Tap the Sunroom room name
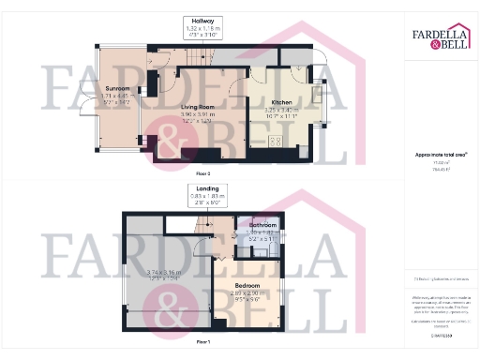pyautogui.click(x=117, y=87)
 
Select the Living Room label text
pyautogui.click(x=198, y=108)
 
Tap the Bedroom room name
pyautogui.click(x=247, y=284)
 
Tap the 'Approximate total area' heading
pyautogui.click(x=442, y=154)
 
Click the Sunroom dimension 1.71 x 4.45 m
pyautogui.click(x=117, y=96)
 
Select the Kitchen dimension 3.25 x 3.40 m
pyautogui.click(x=282, y=111)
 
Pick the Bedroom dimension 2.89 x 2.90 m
pyautogui.click(x=247, y=292)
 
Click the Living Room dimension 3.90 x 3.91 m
pyautogui.click(x=198, y=116)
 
